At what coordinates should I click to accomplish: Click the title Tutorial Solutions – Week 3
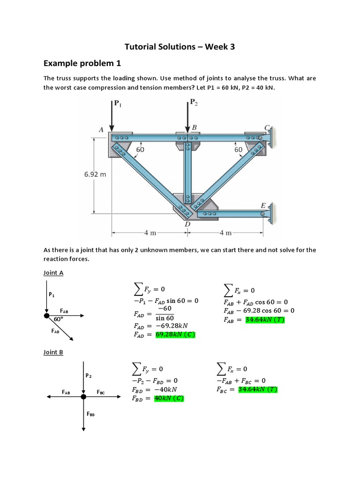pos(179,46)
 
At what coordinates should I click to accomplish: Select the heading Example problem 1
pos(79,63)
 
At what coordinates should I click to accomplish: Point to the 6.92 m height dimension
pos(95,174)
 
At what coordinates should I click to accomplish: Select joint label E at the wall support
pos(263,206)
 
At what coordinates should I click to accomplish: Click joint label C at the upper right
pos(267,127)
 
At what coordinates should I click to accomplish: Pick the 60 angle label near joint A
pos(140,149)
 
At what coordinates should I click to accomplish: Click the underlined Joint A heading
pos(53,272)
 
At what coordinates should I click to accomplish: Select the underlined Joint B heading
pos(53,352)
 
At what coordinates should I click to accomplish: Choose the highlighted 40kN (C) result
pos(169,398)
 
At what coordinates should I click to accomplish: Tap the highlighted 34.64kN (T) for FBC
pos(258,390)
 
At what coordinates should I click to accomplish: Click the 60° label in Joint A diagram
pos(59,319)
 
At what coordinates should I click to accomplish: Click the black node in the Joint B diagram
pos(83,397)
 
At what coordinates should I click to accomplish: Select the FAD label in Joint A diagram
pos(55,331)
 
